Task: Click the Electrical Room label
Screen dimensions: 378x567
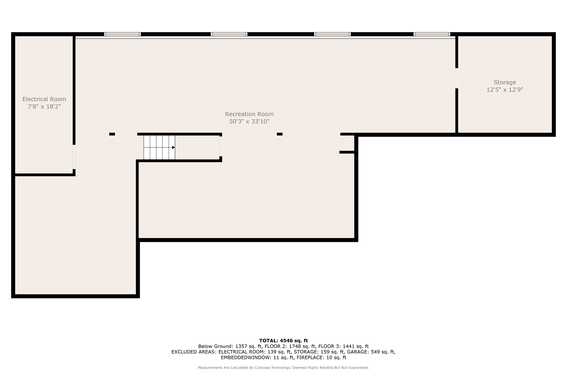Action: click(x=44, y=99)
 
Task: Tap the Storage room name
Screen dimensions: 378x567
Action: click(x=505, y=82)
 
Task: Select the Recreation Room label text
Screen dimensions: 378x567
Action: click(x=249, y=114)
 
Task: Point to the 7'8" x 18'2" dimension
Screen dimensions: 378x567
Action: click(x=44, y=107)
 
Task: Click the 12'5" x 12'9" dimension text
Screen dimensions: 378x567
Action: click(x=505, y=90)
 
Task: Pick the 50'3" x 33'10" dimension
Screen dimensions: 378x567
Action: click(x=249, y=121)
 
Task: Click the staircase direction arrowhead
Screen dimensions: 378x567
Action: click(x=174, y=147)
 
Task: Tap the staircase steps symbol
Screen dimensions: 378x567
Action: click(x=159, y=147)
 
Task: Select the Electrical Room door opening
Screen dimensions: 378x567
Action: click(x=74, y=157)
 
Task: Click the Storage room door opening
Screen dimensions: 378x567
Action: click(x=457, y=78)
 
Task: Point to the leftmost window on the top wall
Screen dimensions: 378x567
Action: click(x=122, y=34)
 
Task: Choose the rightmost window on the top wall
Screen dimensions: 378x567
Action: click(x=432, y=34)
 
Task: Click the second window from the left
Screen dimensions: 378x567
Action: click(x=229, y=34)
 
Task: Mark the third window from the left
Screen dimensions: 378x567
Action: click(x=332, y=34)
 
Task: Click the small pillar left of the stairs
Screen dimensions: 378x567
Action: click(x=112, y=134)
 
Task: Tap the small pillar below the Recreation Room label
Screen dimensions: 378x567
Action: click(x=280, y=134)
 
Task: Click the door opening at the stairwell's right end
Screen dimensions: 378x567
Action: click(x=221, y=146)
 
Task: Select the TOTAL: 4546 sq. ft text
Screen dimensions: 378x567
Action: click(x=283, y=341)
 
